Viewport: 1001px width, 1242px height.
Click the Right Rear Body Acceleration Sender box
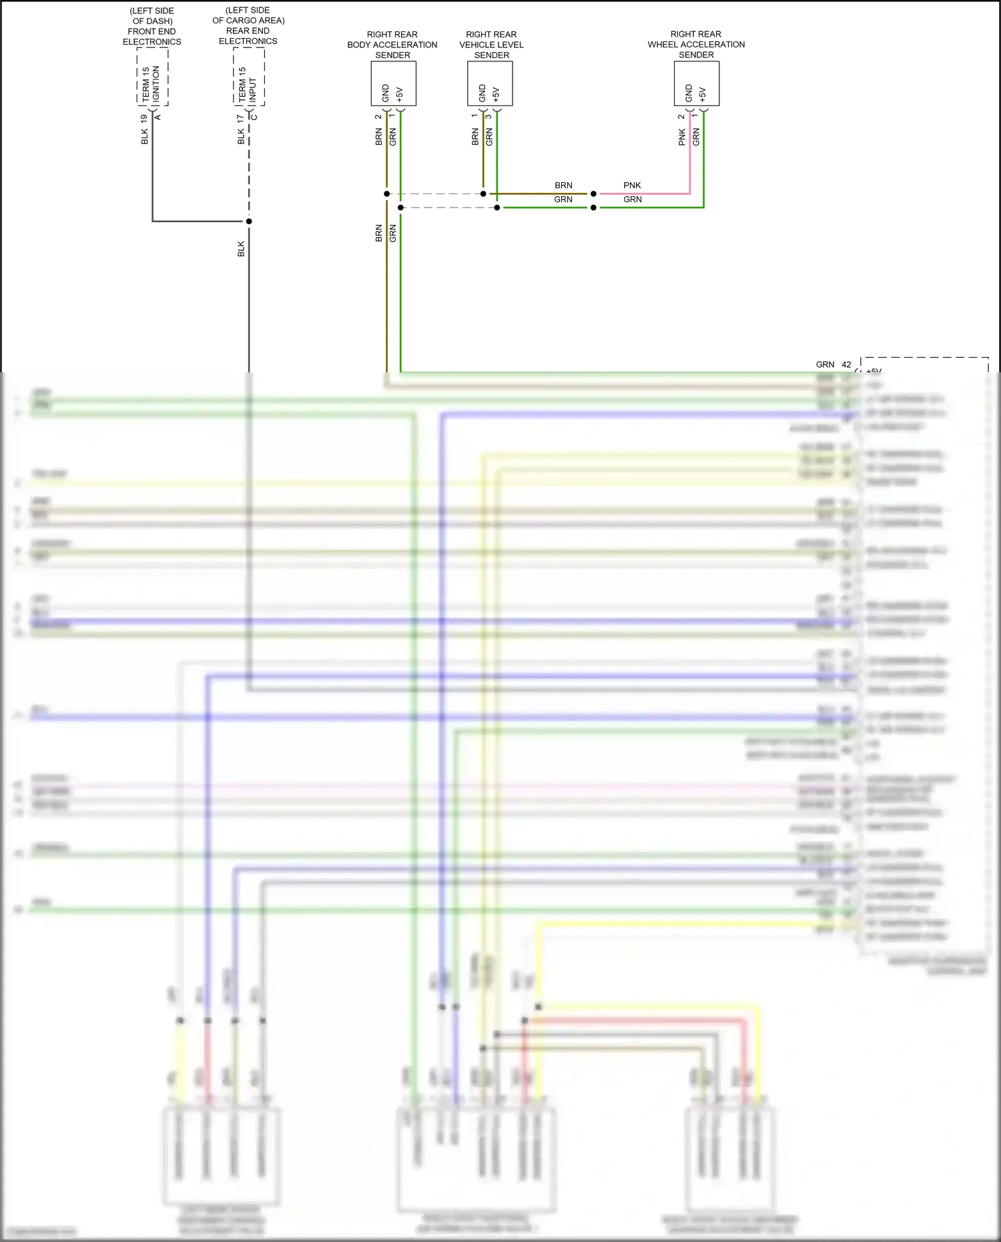tap(393, 83)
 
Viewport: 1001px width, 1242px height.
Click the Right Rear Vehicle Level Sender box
tap(490, 83)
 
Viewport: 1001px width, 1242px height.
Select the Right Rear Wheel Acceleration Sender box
tap(696, 83)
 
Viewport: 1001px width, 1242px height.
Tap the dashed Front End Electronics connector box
tap(152, 77)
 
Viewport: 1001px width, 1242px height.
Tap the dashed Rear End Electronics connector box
tap(248, 77)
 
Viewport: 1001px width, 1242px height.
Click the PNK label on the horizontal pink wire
tap(632, 186)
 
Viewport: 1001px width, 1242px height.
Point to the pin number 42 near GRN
tap(846, 364)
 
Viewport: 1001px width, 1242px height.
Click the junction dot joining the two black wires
tap(249, 221)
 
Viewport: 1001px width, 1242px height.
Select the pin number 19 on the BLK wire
tap(144, 118)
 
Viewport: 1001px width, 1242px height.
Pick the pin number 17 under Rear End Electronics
tap(240, 118)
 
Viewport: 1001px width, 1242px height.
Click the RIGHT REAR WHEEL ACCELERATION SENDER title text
tap(696, 44)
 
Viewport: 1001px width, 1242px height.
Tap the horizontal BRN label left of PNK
tap(563, 186)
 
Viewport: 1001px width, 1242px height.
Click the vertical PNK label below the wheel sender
tap(681, 137)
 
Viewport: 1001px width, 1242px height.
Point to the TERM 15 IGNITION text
tap(151, 83)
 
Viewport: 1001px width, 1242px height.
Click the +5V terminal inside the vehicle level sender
tap(496, 93)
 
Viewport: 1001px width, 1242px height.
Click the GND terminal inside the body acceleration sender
tap(386, 93)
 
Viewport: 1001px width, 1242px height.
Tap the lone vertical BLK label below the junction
tap(241, 248)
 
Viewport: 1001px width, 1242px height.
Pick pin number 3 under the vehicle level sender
tap(488, 117)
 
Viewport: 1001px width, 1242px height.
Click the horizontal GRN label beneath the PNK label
tap(633, 200)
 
